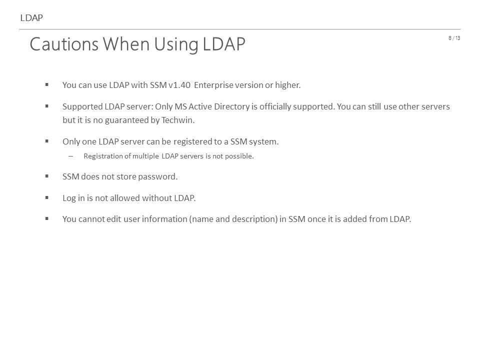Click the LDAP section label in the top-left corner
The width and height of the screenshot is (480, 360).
pyautogui.click(x=31, y=18)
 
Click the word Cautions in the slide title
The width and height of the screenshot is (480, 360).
pyautogui.click(x=64, y=44)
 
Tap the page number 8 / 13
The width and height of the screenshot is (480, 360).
pyautogui.click(x=454, y=38)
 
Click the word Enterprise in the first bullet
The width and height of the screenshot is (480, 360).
pyautogui.click(x=213, y=85)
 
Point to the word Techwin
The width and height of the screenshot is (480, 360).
pyautogui.click(x=178, y=120)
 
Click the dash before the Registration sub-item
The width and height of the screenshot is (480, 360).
pyautogui.click(x=71, y=156)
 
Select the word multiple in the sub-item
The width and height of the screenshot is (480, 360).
pyautogui.click(x=145, y=156)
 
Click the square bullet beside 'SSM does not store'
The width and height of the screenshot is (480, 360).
pyautogui.click(x=47, y=176)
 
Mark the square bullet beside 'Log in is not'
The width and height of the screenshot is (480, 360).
pyautogui.click(x=47, y=197)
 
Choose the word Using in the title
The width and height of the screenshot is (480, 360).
pyautogui.click(x=176, y=44)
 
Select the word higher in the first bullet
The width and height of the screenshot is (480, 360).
pyautogui.click(x=288, y=85)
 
